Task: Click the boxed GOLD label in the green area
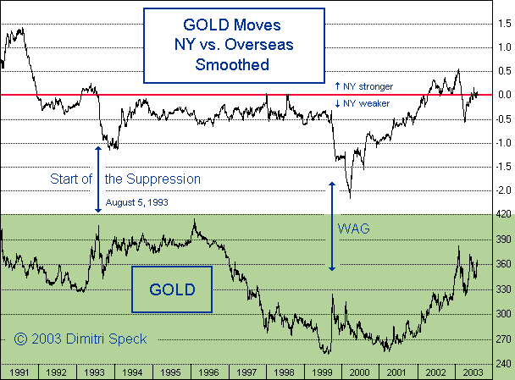(172, 289)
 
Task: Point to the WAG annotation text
(355, 229)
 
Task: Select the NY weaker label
(363, 104)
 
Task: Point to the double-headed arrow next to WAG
(332, 226)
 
